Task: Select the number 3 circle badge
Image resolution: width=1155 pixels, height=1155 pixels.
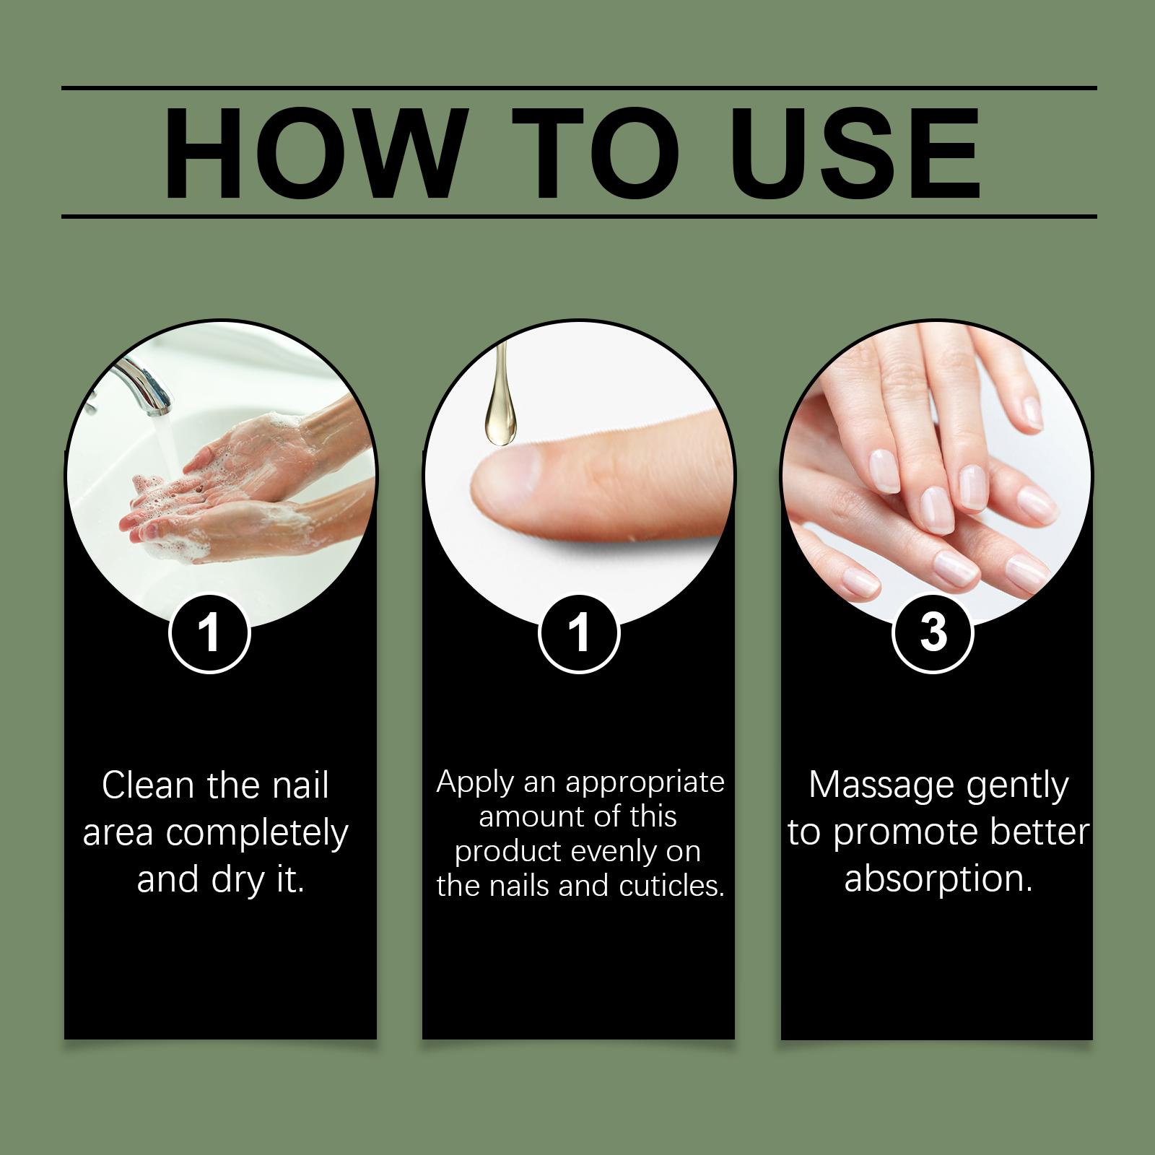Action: click(933, 633)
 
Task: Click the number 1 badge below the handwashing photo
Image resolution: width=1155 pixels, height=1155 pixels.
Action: click(209, 633)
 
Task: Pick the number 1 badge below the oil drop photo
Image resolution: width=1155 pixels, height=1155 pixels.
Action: click(579, 633)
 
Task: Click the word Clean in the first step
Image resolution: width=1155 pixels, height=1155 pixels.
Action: click(149, 785)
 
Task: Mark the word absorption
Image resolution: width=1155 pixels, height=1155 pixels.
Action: click(938, 880)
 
